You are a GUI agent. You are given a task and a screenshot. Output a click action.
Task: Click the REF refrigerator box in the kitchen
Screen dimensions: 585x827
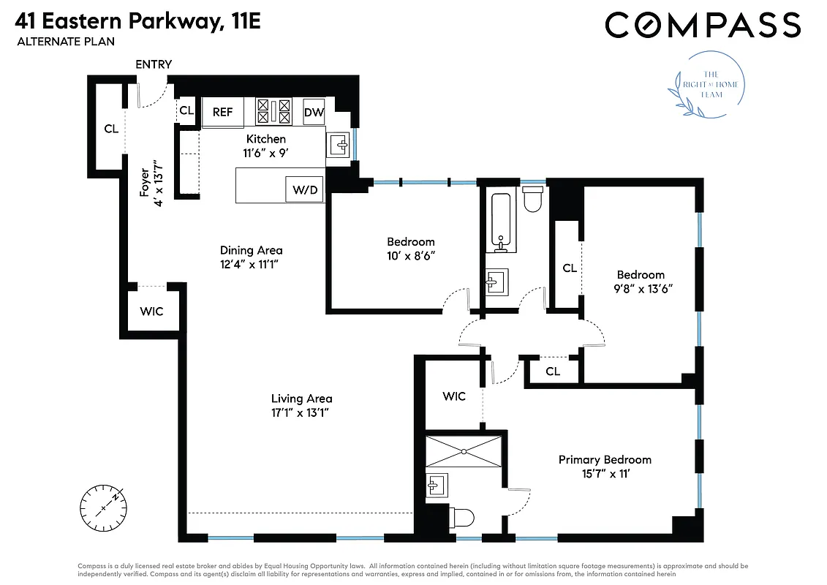pos(223,112)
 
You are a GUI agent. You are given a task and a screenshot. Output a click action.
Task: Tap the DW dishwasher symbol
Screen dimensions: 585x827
pos(314,112)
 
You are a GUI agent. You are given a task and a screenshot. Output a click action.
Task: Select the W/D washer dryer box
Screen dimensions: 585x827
pos(305,190)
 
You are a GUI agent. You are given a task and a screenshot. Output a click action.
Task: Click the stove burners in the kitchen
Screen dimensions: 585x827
pos(273,111)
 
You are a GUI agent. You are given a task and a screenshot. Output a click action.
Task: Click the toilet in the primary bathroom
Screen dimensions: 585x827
pos(458,518)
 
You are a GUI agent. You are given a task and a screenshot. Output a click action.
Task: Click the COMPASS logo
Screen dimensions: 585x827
pos(703,25)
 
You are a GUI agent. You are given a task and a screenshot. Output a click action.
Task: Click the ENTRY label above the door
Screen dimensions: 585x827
pos(154,64)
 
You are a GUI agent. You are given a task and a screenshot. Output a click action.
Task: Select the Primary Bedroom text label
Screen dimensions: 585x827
pos(605,459)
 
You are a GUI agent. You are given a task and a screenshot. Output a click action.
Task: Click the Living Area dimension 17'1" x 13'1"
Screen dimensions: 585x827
pos(301,412)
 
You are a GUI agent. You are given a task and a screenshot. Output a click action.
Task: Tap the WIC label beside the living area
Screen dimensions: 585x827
pos(151,311)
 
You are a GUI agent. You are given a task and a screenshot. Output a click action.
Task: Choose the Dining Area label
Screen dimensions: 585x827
pos(251,250)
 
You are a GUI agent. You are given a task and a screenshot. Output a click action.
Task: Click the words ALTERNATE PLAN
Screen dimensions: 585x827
pos(66,42)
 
